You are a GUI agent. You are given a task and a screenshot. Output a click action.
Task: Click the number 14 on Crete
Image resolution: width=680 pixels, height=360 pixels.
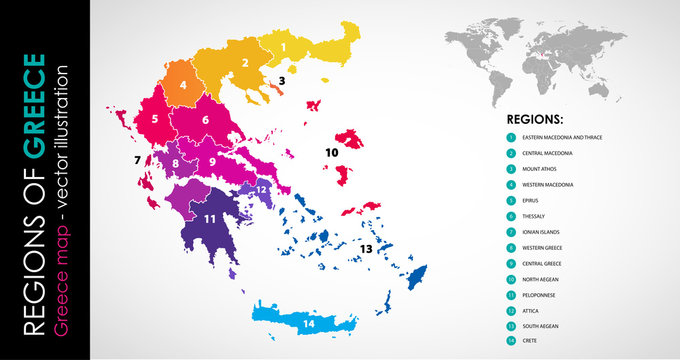[308, 323]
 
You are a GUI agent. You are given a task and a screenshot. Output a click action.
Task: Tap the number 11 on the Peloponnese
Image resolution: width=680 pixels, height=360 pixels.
[210, 217]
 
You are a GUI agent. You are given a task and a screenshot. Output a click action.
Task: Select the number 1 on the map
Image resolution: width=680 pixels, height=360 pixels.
[283, 46]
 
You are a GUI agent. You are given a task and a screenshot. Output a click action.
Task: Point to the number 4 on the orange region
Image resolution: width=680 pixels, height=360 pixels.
[183, 85]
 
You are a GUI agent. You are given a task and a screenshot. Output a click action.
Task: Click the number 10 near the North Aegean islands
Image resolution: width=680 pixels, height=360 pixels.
[331, 151]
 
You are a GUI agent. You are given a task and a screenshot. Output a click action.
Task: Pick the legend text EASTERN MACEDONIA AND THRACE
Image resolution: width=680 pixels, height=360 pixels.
[566, 137]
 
